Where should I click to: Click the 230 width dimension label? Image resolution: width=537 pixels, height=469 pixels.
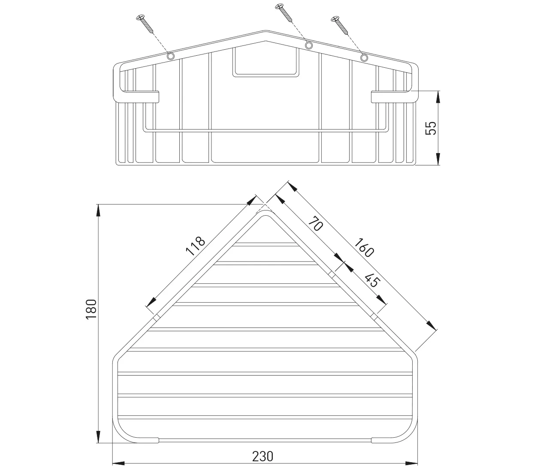(263, 457)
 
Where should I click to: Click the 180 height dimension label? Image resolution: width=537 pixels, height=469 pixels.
(91, 309)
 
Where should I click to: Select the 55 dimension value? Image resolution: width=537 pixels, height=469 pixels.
(431, 128)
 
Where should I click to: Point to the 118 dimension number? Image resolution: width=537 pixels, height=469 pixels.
(195, 246)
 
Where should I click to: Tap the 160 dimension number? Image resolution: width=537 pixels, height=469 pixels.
(364, 248)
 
